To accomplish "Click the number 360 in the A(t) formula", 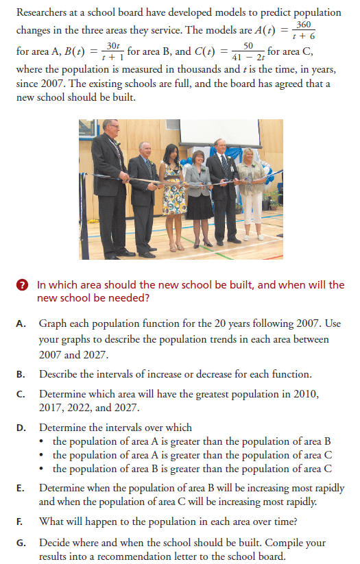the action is point(304,25).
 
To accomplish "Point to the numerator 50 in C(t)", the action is point(248,45).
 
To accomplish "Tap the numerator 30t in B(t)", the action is point(112,45).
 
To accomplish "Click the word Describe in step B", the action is point(60,374).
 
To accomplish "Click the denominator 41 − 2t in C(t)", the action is point(248,56).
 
